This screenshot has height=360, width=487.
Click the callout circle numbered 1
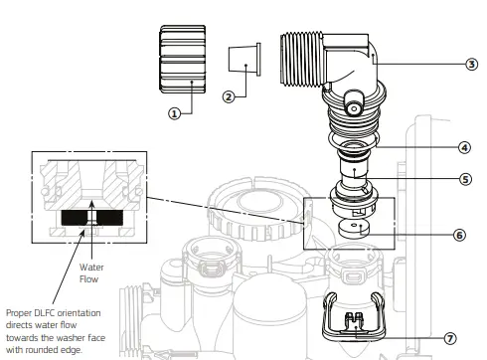[x=176, y=113]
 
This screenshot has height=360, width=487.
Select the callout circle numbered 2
[x=229, y=96]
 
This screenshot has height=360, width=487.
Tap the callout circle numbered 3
[x=470, y=64]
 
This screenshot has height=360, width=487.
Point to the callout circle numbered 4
[x=463, y=147]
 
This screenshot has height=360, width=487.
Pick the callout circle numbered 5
[x=464, y=179]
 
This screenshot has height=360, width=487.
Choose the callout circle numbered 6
[x=459, y=235]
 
